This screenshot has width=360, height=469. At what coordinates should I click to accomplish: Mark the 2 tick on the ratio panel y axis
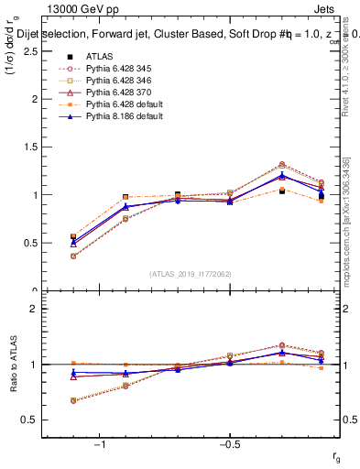tap(33, 309)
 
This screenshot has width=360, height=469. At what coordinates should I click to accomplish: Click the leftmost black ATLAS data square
tap(72, 237)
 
